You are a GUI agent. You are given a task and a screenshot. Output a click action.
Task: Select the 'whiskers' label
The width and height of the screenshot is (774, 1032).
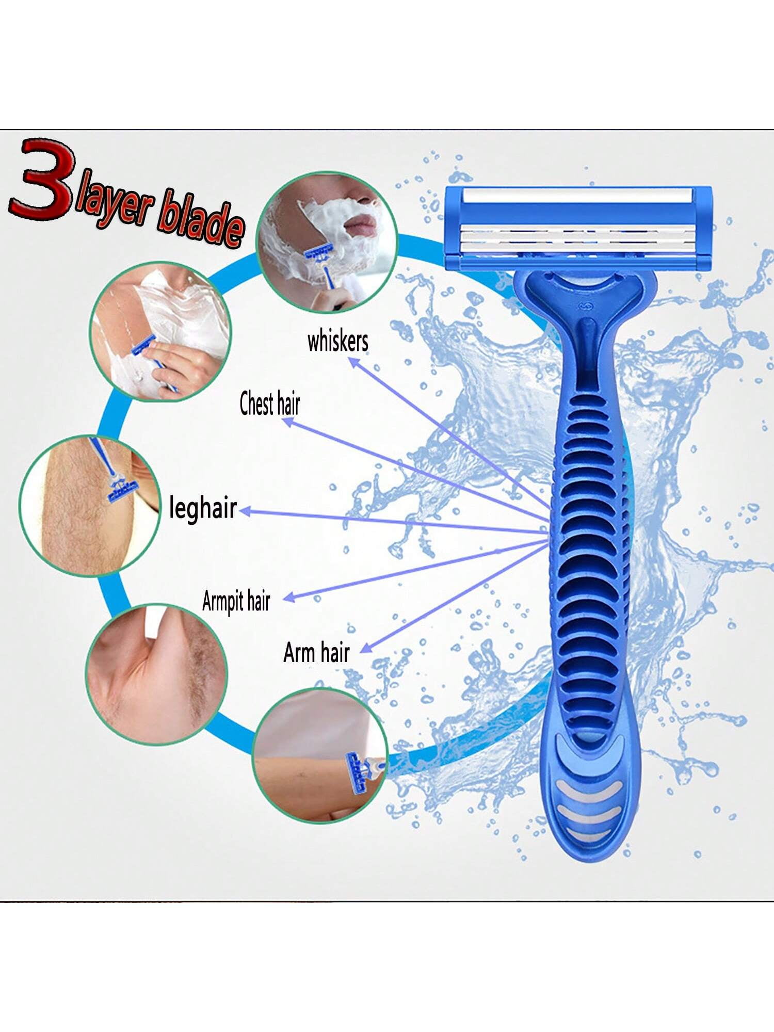click(x=338, y=342)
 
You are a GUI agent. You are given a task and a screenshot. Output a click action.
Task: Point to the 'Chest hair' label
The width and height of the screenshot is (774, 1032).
click(x=269, y=404)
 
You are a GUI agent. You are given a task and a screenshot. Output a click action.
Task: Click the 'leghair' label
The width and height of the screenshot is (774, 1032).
click(x=203, y=508)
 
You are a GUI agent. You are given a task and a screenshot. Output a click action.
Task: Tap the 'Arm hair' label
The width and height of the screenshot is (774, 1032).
click(x=316, y=653)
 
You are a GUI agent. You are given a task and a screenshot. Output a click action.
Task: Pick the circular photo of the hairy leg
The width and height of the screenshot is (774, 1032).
click(x=89, y=506)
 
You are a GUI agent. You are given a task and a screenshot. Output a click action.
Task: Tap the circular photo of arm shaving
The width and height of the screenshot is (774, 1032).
click(x=320, y=756)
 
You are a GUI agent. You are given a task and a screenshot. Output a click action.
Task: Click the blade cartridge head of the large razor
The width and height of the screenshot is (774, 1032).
click(x=578, y=227)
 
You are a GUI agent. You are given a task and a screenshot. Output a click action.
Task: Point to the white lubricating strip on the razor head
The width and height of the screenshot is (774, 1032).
click(x=577, y=196)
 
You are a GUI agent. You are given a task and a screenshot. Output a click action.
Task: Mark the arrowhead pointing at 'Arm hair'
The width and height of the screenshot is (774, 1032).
click(x=365, y=649)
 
